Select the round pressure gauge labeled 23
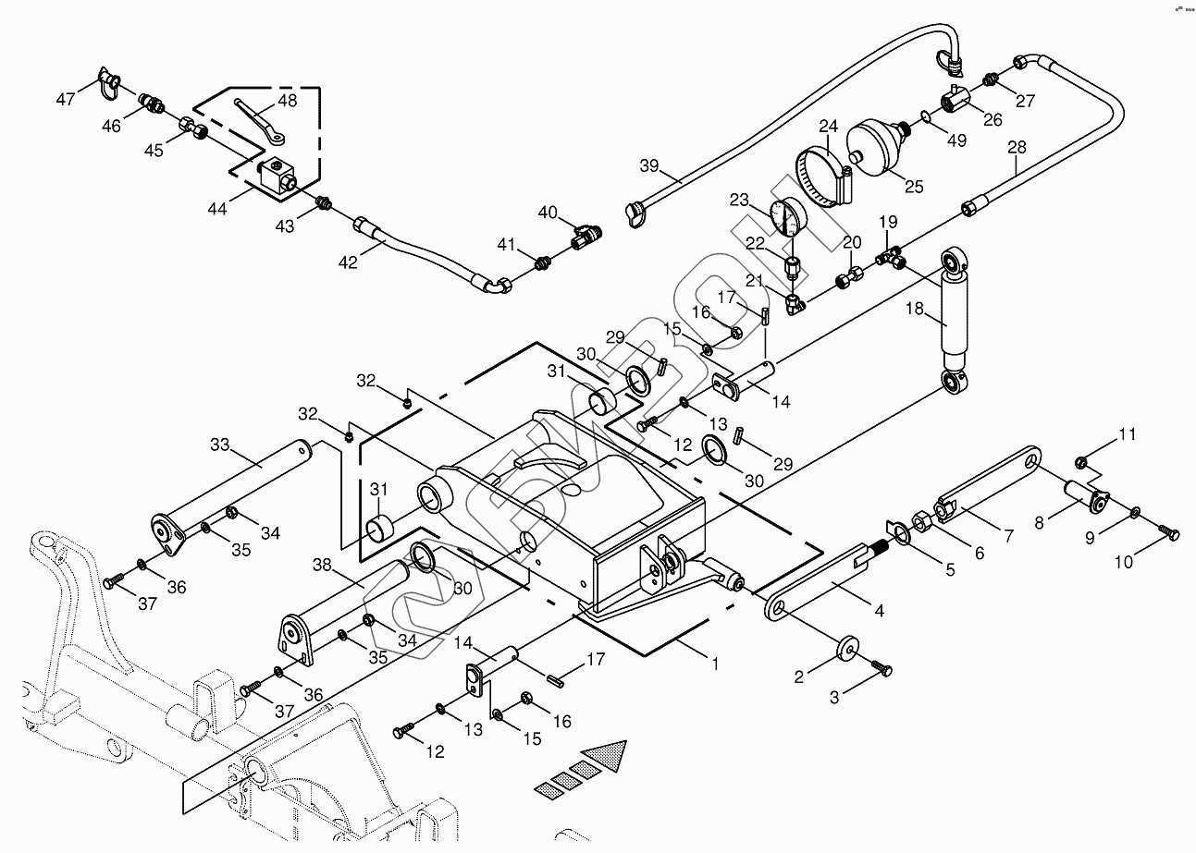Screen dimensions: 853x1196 788,220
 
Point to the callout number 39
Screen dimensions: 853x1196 650,165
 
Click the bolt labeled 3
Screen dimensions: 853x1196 882,669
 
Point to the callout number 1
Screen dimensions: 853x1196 713,663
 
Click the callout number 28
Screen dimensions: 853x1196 1017,148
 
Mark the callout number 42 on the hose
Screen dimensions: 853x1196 348,262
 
